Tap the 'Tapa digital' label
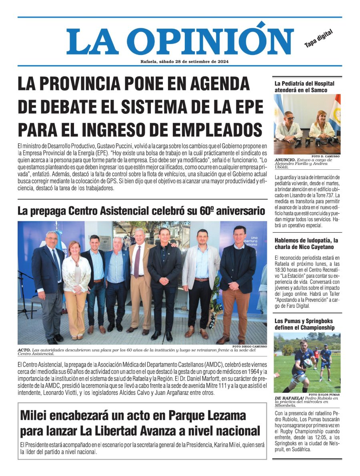coord(318,39)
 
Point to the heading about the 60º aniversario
coord(141,211)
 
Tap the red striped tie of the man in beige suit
coord(137,262)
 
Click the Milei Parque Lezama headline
coord(140,423)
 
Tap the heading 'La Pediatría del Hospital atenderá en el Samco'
coord(304,87)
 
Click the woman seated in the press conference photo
coord(321,126)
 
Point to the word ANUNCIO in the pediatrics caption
coord(285,159)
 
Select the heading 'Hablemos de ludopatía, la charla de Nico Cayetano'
coord(306,243)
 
